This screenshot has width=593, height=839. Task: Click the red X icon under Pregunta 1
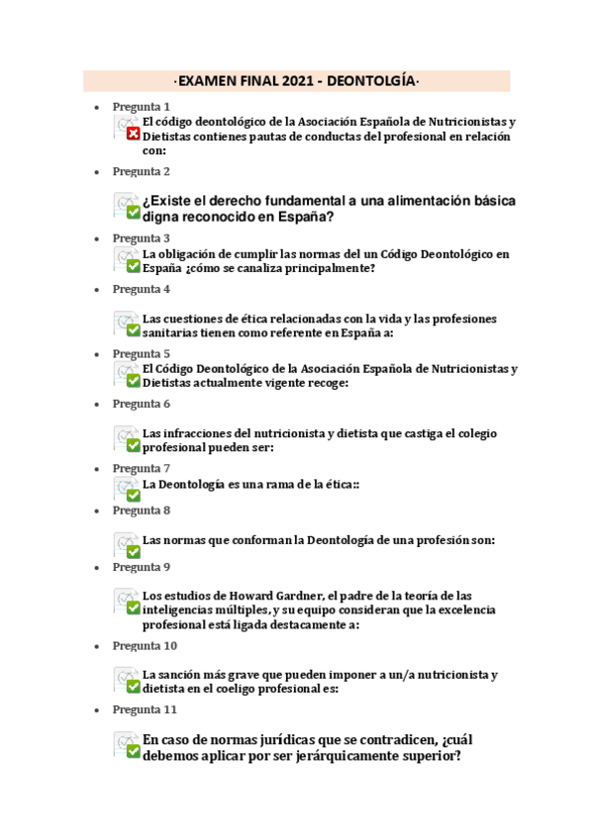(133, 134)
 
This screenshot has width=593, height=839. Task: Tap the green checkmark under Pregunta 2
(133, 211)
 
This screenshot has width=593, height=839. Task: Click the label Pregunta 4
(142, 289)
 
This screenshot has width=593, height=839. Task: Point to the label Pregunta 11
(145, 709)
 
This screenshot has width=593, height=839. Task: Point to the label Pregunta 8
(142, 511)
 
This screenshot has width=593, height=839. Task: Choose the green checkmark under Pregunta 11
(133, 751)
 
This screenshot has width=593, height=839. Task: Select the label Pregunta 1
(142, 106)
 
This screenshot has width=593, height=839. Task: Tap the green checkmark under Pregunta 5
(133, 379)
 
